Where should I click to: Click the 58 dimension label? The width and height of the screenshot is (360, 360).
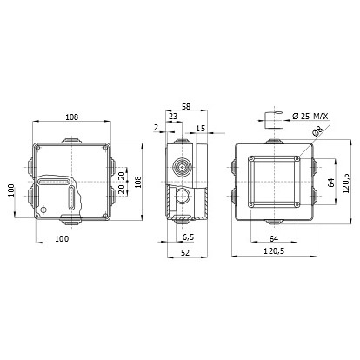coord(186,106)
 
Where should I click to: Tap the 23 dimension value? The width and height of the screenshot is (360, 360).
coord(173,117)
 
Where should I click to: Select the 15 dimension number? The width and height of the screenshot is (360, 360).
coord(200,128)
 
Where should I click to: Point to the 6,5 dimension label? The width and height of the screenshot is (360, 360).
coord(188,237)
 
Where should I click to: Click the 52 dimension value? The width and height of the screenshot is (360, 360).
coord(185,253)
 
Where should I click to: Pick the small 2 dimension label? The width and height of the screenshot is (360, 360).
coord(157,127)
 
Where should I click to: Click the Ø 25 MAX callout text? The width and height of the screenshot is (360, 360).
coord(310,117)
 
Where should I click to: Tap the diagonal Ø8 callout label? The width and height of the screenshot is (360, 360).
coord(317,131)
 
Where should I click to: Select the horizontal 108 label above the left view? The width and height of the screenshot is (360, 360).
coord(71,117)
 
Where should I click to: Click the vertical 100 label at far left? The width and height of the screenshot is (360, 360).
coord(11,190)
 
